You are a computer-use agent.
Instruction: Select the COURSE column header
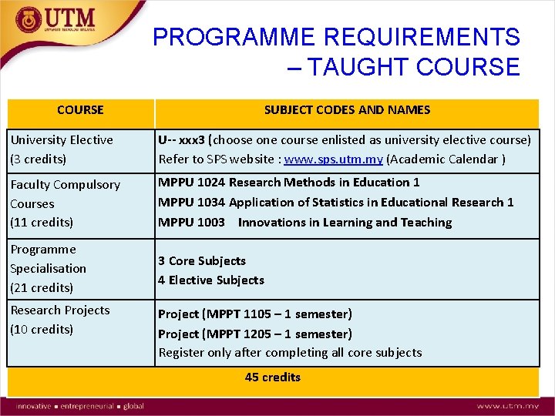pos(80,110)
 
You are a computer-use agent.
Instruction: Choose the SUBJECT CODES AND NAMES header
pos(347,110)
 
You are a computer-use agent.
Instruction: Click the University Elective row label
pos(62,140)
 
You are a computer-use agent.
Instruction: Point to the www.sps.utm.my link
pos(333,159)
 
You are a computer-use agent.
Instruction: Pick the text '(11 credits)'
pos(42,223)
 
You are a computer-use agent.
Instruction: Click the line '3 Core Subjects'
pos(202,261)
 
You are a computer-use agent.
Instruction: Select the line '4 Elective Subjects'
pos(211,280)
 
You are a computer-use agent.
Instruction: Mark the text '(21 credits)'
pos(42,288)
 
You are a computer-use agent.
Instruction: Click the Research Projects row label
pos(60,310)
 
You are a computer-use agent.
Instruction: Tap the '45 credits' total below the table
pos(273,377)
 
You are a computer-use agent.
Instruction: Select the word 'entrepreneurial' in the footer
pos(86,406)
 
